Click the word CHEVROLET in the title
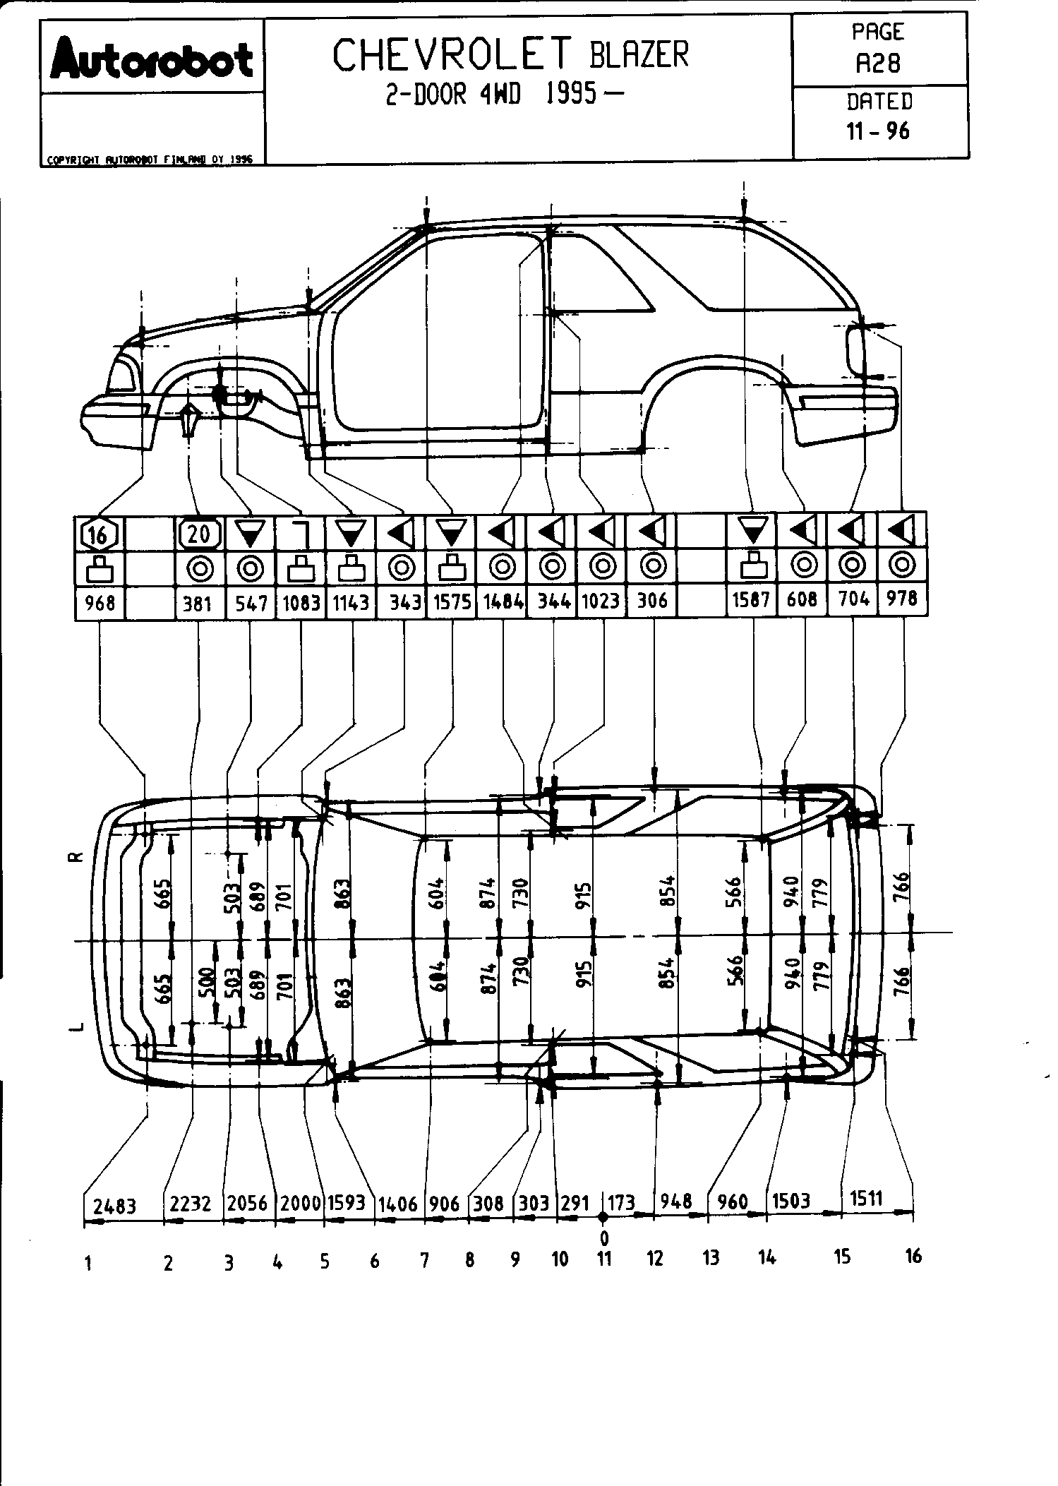pos(452,56)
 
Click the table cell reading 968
pos(100,604)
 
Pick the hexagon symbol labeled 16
pos(99,536)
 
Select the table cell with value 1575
pos(452,604)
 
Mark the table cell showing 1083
pos(301,604)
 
